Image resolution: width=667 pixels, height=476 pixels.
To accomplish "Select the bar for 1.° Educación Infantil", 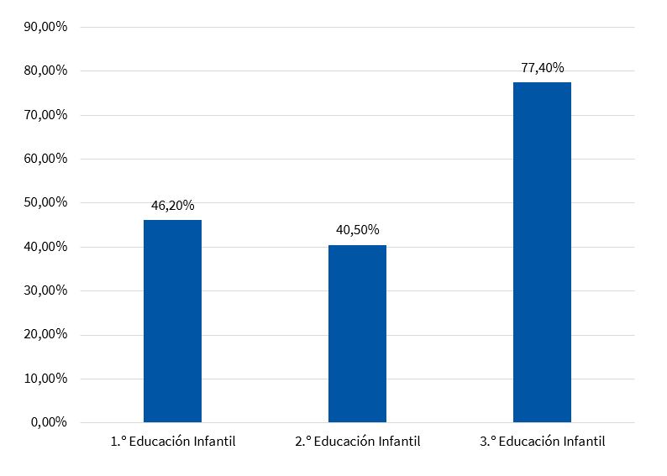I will pos(172,321).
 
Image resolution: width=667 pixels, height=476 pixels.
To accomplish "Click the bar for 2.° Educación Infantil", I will pos(357,333).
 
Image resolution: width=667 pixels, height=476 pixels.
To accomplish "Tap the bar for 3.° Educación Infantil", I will pos(542,252).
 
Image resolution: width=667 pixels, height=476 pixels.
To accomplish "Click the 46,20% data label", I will pos(172,205).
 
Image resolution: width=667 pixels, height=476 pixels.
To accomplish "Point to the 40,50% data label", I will pos(357,230).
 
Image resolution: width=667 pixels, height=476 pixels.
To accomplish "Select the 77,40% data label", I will pos(542,67).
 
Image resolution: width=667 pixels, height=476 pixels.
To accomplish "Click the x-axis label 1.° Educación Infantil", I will pos(173,442).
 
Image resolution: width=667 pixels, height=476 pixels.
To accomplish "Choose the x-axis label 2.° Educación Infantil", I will pos(358,442).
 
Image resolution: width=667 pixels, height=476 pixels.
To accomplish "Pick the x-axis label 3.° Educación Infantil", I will pos(543,442).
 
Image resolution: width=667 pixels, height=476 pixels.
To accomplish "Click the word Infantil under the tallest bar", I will pos(583,442).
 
